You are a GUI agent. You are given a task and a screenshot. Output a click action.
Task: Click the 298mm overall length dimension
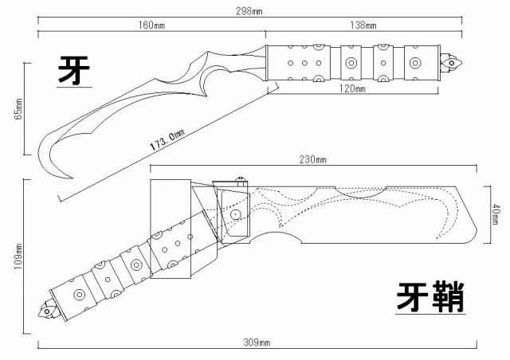click(256, 12)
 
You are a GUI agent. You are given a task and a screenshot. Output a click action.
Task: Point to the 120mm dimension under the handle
click(351, 90)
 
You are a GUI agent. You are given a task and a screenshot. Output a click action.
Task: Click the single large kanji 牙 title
click(73, 71)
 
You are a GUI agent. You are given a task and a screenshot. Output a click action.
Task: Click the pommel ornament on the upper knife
click(452, 61)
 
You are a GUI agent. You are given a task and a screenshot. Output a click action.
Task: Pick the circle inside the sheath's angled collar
click(236, 215)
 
